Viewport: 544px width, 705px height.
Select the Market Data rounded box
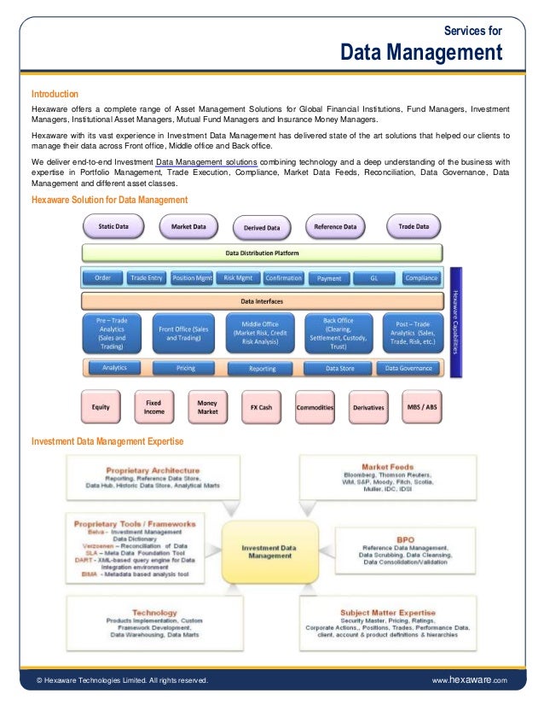click(188, 227)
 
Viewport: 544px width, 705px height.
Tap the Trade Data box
click(414, 227)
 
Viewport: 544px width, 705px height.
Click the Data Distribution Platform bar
click(262, 253)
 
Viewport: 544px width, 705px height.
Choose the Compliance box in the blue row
click(421, 277)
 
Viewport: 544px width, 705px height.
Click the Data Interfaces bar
click(262, 301)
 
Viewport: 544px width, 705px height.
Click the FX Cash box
click(262, 407)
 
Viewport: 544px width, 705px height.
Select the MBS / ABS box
click(422, 407)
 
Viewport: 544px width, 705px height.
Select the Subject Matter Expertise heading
click(388, 612)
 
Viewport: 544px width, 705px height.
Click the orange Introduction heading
click(55, 94)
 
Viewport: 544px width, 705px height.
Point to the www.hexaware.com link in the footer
click(470, 679)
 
